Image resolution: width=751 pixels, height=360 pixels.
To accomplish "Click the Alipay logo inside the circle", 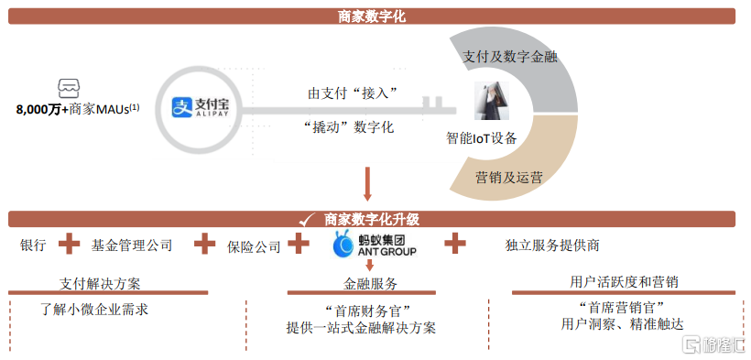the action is pos(201,107).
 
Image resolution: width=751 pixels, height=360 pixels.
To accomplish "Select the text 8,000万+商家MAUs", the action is pos(78,109).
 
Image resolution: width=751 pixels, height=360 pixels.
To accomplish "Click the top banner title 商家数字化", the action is pos(372,16).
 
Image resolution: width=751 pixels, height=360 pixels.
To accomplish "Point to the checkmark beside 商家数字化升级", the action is pos(307,220).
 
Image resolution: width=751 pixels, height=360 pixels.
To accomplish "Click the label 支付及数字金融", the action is pos(509,57).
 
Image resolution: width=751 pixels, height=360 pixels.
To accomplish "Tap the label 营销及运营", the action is pos(508,178).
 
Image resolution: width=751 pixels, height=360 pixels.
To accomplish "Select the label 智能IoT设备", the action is pos(482,138).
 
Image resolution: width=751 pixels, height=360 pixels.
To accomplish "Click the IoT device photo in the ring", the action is pos(492,100).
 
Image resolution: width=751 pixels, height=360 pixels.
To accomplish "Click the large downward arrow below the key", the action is pos(367,183).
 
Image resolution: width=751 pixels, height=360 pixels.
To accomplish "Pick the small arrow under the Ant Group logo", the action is pos(369,265).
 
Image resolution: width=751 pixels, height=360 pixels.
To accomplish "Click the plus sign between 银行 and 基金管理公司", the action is pos(69,244).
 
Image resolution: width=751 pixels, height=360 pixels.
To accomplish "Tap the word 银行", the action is pos(34,245).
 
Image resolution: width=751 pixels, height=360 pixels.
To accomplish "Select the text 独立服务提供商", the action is pos(552,245).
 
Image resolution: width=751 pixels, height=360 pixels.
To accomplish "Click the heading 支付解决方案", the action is pos(100,283).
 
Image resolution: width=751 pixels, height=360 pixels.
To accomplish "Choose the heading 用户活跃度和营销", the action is pos(624,281).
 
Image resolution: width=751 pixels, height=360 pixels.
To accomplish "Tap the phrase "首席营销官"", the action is pos(622,306).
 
